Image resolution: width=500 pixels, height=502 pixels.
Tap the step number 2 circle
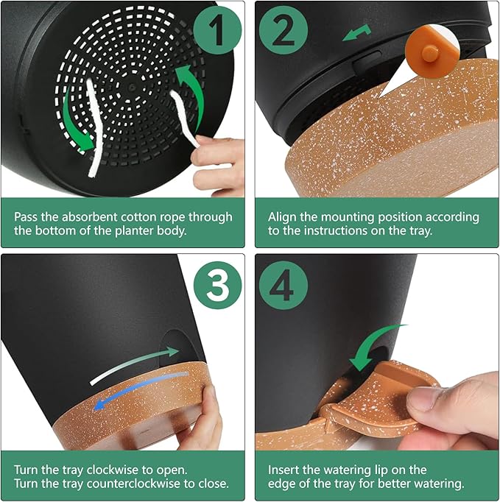pos(284,31)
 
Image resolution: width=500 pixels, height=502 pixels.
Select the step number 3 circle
pos(218,285)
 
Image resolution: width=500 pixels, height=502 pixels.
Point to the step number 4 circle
pos(284,286)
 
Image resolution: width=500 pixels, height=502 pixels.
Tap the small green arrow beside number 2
pos(356,32)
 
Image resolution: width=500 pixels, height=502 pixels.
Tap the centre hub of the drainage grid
pos(130,87)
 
